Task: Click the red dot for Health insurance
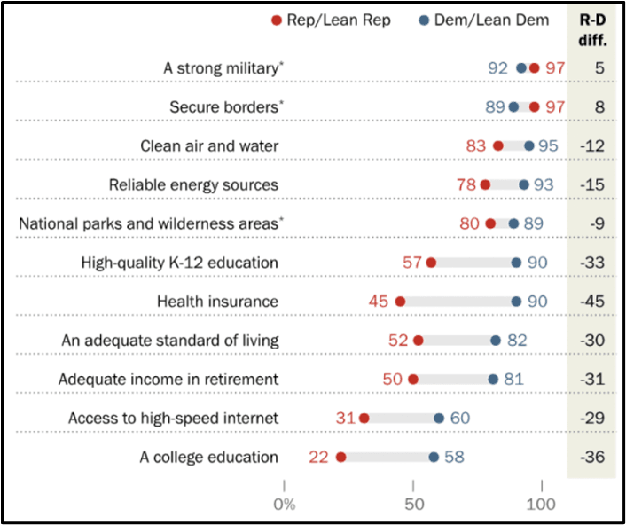pyautogui.click(x=400, y=302)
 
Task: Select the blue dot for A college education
pyautogui.click(x=434, y=458)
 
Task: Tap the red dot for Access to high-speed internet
pyautogui.click(x=364, y=419)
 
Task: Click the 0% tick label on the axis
pyautogui.click(x=285, y=505)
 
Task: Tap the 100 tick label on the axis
pyautogui.click(x=540, y=505)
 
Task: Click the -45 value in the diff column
pyautogui.click(x=591, y=302)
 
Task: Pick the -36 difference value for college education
pyautogui.click(x=591, y=458)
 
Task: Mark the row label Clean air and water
pyautogui.click(x=209, y=145)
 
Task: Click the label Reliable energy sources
pyautogui.click(x=193, y=184)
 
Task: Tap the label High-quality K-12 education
pyautogui.click(x=179, y=262)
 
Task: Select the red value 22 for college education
pyautogui.click(x=318, y=458)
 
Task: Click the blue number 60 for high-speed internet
pyautogui.click(x=459, y=419)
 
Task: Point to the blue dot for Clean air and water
pyautogui.click(x=529, y=145)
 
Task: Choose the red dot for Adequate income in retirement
pyautogui.click(x=413, y=380)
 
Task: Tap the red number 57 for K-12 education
pyautogui.click(x=412, y=262)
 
